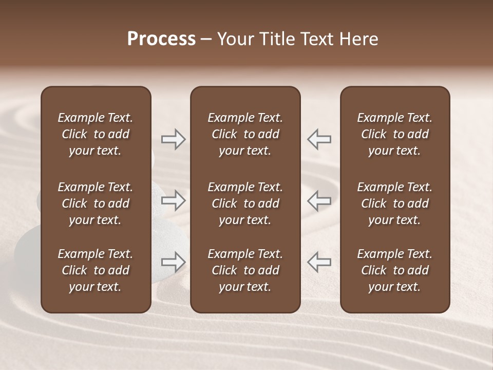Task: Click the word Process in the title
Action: [x=161, y=39]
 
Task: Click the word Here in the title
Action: [x=359, y=39]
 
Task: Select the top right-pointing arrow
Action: [x=174, y=139]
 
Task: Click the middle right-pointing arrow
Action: [x=174, y=200]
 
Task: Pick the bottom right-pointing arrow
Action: [x=174, y=262]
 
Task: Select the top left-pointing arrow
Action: [x=319, y=139]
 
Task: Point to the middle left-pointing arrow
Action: [x=319, y=200]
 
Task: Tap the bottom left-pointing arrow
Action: [x=319, y=262]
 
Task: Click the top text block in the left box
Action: [x=96, y=134]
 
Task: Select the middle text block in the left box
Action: [x=96, y=203]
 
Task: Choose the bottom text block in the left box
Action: [x=96, y=270]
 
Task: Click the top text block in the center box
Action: [x=245, y=134]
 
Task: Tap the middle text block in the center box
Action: [x=245, y=203]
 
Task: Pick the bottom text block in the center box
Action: [x=245, y=270]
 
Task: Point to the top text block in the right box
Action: [x=395, y=134]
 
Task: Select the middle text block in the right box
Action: [x=395, y=203]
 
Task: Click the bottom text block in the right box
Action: [x=395, y=270]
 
